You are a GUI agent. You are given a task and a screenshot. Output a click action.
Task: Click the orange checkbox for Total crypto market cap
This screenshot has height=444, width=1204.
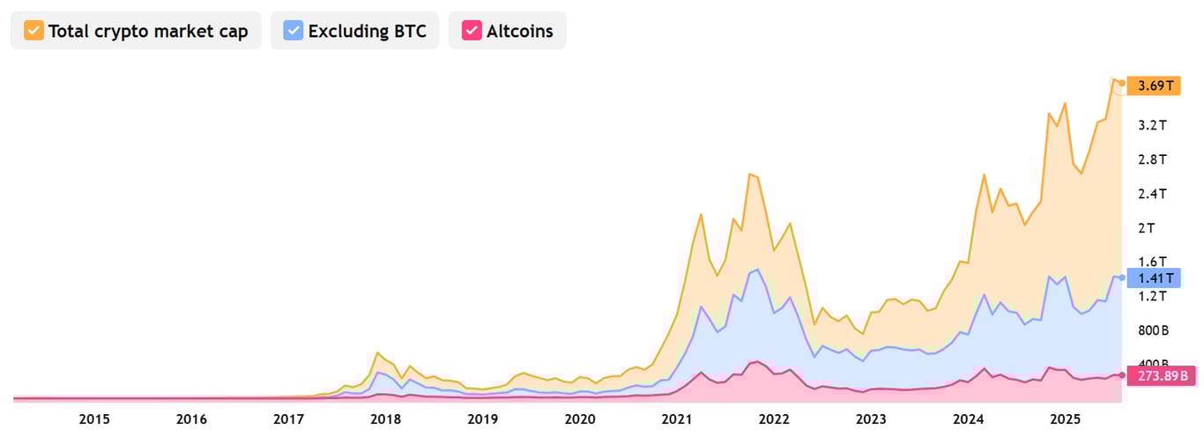(x=33, y=31)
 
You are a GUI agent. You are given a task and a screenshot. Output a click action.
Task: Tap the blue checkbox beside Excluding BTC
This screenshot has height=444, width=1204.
(x=294, y=31)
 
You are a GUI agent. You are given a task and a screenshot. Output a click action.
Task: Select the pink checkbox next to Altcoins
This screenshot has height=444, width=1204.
(x=472, y=31)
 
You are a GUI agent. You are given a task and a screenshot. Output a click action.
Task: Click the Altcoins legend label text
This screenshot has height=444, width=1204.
(x=519, y=31)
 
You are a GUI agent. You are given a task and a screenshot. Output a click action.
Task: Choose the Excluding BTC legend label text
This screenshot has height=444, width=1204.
(x=367, y=31)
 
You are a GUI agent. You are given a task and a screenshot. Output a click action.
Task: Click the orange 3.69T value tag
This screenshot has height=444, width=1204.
(x=1156, y=85)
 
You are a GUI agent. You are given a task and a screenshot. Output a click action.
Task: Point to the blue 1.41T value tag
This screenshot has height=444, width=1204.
(x=1156, y=278)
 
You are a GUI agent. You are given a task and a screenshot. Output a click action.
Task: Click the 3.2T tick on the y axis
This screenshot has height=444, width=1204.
(x=1152, y=125)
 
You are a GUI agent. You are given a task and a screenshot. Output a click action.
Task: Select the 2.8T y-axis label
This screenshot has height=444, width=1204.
(x=1152, y=159)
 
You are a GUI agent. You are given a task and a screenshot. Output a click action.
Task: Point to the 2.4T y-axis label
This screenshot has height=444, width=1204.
(x=1152, y=194)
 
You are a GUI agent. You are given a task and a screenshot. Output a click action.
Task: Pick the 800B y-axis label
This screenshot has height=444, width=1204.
(x=1152, y=330)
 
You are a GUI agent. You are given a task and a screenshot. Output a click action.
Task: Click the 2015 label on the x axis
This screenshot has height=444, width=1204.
(x=94, y=418)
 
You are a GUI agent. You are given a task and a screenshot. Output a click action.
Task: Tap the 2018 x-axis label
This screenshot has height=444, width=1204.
(x=384, y=418)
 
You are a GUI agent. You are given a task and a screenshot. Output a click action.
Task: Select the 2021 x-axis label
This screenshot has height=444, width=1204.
(x=676, y=418)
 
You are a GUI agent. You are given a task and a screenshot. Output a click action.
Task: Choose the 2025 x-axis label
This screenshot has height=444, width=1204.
(x=1065, y=418)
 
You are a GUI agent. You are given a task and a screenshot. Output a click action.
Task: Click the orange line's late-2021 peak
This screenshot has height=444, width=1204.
(x=749, y=174)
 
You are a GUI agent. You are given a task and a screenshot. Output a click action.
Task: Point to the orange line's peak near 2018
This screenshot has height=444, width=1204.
(x=377, y=352)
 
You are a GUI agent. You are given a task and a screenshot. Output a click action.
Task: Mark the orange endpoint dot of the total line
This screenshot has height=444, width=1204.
(x=1121, y=83)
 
